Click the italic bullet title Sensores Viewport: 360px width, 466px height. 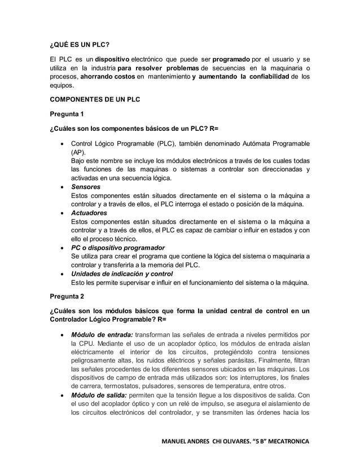tap(85, 187)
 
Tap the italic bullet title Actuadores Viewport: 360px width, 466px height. tap(88, 213)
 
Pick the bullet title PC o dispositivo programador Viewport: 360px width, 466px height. tap(117, 248)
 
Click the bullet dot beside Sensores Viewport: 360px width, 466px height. tap(62, 187)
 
